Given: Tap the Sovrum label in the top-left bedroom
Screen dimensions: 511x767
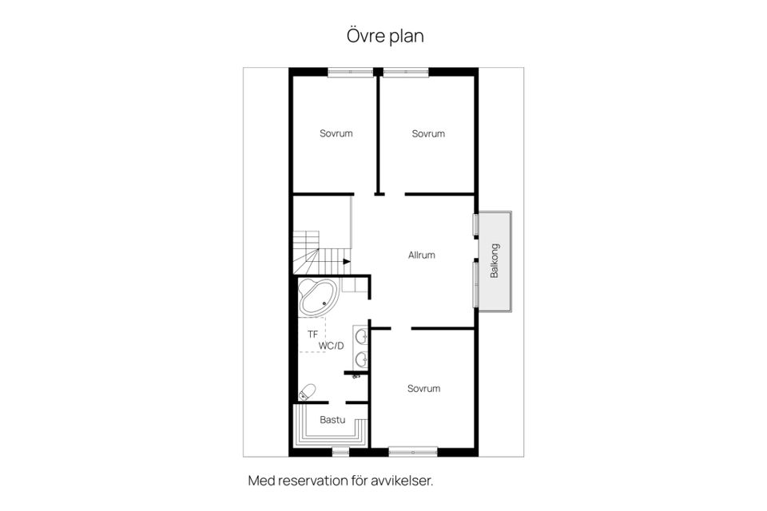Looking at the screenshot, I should pyautogui.click(x=336, y=133).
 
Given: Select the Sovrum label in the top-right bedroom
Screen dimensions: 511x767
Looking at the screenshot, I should pyautogui.click(x=428, y=133).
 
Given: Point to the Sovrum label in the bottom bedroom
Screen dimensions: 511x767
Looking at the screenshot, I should pyautogui.click(x=423, y=389).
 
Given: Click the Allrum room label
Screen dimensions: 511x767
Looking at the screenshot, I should pyautogui.click(x=421, y=255).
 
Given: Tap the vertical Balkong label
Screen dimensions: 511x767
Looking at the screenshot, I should pyautogui.click(x=495, y=259).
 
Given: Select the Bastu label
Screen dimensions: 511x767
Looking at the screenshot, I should pyautogui.click(x=332, y=419).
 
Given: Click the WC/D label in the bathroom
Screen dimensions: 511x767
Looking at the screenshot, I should pyautogui.click(x=331, y=346).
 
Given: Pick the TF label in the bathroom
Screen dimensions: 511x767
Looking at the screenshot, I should pyautogui.click(x=312, y=333).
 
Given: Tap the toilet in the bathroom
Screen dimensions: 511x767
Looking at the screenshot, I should pyautogui.click(x=307, y=391).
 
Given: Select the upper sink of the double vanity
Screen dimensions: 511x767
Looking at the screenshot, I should pyautogui.click(x=361, y=335).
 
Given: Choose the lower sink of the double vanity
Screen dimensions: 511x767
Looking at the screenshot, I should pyautogui.click(x=361, y=358).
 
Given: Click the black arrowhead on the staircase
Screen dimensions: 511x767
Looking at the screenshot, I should pyautogui.click(x=346, y=260).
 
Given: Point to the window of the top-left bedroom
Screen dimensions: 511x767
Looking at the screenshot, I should pyautogui.click(x=350, y=73).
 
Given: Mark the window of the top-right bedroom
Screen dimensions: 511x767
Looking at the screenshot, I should pyautogui.click(x=406, y=73).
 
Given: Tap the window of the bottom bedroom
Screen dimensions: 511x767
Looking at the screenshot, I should pyautogui.click(x=413, y=452).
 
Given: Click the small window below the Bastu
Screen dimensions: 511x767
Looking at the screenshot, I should pyautogui.click(x=340, y=452).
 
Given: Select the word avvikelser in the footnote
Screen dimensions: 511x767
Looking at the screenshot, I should pyautogui.click(x=407, y=481).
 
